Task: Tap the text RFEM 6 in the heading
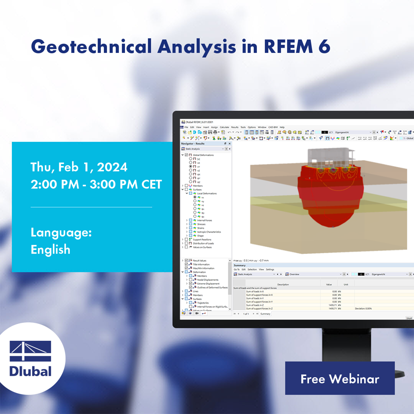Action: (297, 47)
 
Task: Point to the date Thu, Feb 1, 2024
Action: (79, 167)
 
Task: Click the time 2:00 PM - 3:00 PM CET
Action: (96, 184)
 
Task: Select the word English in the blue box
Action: (51, 250)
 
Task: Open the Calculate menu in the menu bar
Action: (225, 127)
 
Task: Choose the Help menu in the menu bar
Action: (282, 127)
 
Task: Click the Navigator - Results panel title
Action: (193, 143)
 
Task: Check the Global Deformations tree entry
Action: (203, 155)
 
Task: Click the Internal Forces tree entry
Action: (205, 220)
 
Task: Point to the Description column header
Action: (283, 285)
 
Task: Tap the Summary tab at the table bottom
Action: (265, 314)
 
